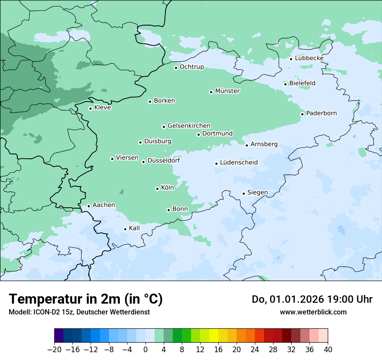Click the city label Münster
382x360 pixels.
(227, 91)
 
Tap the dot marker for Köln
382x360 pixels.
(157, 189)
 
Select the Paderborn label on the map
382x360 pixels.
(321, 113)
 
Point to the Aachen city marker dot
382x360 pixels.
(89, 206)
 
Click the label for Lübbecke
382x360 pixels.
(309, 58)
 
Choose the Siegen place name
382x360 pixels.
(257, 193)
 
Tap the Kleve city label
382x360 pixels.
(102, 108)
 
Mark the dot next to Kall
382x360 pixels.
(125, 229)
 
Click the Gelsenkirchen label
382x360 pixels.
(189, 126)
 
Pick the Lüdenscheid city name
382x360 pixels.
(239, 163)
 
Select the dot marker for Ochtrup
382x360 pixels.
(176, 68)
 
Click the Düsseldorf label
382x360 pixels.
(164, 160)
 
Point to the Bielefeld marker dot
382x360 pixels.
(285, 84)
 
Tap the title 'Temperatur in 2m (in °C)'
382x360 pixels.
(86, 299)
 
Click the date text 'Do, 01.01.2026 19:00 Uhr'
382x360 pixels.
(312, 299)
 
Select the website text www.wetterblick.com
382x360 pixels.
(313, 312)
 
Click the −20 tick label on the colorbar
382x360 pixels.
(54, 350)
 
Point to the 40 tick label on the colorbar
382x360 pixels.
(328, 350)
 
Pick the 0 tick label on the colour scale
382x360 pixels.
(145, 350)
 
